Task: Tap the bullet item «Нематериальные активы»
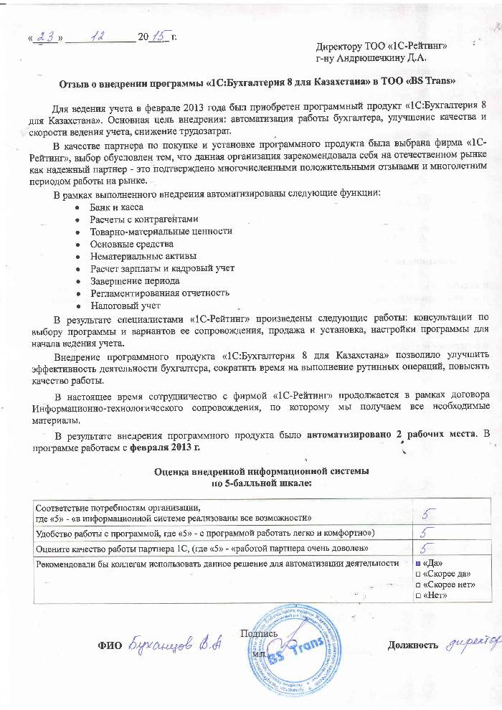point(143,256)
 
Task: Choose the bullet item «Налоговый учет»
point(125,305)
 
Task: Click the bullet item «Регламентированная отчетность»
point(160,293)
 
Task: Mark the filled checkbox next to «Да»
point(419,564)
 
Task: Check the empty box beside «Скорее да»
point(419,574)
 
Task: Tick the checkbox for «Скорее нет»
point(419,585)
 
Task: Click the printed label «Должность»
point(412,645)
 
